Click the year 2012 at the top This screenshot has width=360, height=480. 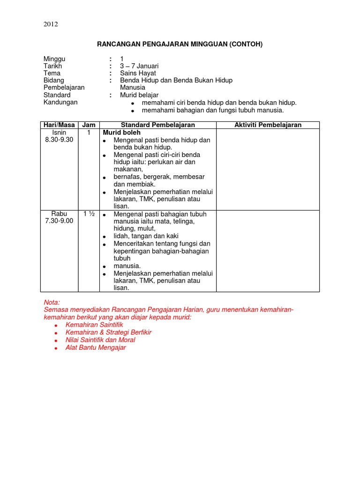(51, 24)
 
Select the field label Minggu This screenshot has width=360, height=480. (54, 59)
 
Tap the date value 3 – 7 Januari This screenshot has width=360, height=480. (139, 66)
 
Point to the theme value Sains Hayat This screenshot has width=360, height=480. (138, 73)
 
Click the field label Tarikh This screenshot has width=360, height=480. (52, 66)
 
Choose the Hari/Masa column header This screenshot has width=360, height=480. (59, 125)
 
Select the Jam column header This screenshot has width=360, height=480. (89, 125)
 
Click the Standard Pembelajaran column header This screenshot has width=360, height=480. (158, 125)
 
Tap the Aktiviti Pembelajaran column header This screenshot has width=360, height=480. (268, 125)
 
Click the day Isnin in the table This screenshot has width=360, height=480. (59, 133)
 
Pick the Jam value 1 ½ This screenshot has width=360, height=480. (89, 214)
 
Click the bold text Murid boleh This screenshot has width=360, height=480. (122, 133)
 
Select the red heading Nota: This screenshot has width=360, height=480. (52, 303)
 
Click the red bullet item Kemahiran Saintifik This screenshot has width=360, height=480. (94, 325)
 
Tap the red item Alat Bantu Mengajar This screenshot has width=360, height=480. (96, 348)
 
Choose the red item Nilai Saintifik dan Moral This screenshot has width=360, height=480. (100, 340)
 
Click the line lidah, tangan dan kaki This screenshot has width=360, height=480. (146, 236)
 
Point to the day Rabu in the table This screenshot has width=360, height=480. (59, 214)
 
